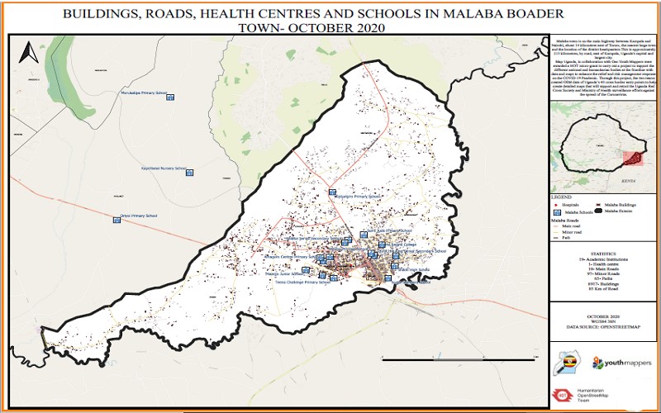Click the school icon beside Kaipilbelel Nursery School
click(189, 173)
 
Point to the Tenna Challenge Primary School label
click(302, 282)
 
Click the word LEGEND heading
click(561, 198)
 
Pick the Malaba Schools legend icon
click(558, 212)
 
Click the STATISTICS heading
click(604, 254)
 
